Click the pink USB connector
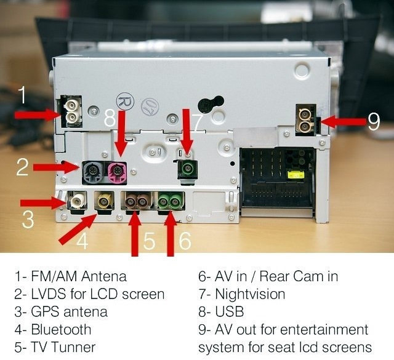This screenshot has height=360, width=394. (117, 172)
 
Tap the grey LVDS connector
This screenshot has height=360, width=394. (93, 172)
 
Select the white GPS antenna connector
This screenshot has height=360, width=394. (78, 201)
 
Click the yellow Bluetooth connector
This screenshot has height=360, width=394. (104, 201)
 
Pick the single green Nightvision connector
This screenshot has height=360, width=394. (187, 170)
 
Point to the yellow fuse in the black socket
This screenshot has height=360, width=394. (298, 174)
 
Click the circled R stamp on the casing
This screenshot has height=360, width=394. (125, 102)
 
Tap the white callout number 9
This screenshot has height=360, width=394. (374, 122)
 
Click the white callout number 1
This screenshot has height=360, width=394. (22, 95)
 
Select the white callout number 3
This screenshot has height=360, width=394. (28, 219)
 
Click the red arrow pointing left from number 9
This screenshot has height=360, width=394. (343, 121)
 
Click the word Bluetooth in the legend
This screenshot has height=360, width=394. (61, 329)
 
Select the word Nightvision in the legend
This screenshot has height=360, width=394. (250, 294)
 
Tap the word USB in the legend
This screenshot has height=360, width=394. (230, 311)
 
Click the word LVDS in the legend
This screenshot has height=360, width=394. (48, 294)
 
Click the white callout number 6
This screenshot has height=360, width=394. (185, 241)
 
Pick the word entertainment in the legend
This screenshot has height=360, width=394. (324, 330)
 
